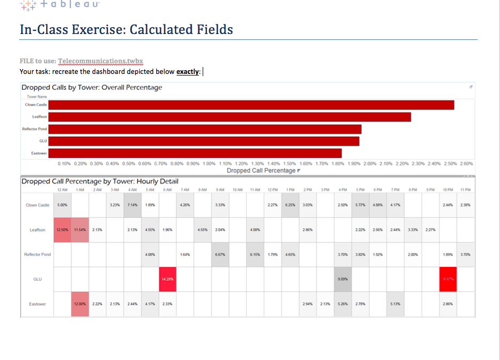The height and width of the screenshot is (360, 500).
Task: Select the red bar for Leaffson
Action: tap(229, 117)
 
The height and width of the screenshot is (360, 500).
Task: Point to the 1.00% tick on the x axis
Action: tap(210, 164)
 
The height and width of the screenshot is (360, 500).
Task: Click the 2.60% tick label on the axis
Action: tap(466, 164)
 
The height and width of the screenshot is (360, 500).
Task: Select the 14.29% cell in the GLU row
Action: tap(168, 279)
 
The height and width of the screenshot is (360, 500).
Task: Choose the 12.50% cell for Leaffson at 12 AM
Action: tap(63, 230)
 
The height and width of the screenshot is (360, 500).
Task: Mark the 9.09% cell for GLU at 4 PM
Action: tap(343, 279)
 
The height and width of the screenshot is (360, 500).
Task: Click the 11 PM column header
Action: tap(465, 190)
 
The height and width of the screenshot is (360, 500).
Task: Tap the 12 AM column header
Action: tap(62, 190)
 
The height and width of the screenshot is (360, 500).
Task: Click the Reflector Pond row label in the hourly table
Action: tap(38, 255)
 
